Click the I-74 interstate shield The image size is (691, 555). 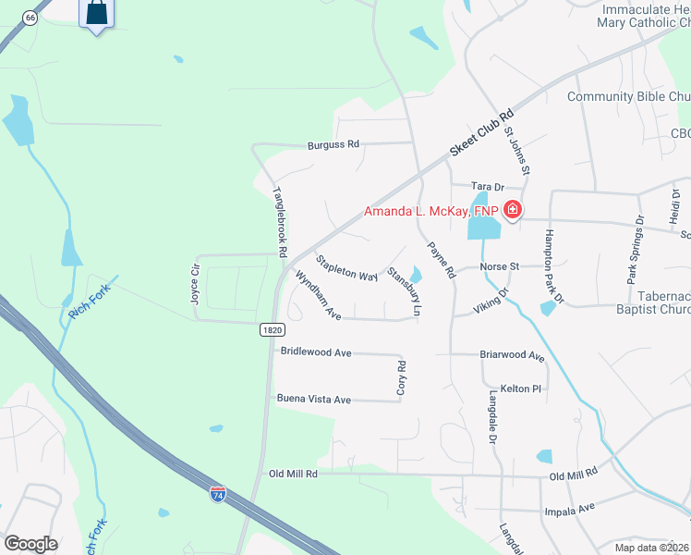click(218, 495)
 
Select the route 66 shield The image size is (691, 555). click(30, 18)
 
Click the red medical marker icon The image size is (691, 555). click(512, 211)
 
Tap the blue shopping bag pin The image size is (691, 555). click(96, 14)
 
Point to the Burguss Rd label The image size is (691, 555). click(333, 145)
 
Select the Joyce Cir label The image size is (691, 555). click(195, 281)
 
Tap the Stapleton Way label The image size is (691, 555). click(347, 269)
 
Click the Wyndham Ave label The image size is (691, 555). click(319, 295)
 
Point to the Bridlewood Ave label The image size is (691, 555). click(317, 352)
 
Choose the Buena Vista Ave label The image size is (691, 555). click(314, 400)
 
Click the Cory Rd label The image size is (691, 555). click(401, 379)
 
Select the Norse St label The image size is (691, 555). click(502, 266)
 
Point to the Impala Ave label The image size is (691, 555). click(575, 508)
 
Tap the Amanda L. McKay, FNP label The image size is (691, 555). click(430, 211)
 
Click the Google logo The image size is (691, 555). click(30, 544)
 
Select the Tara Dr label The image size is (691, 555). click(486, 186)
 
